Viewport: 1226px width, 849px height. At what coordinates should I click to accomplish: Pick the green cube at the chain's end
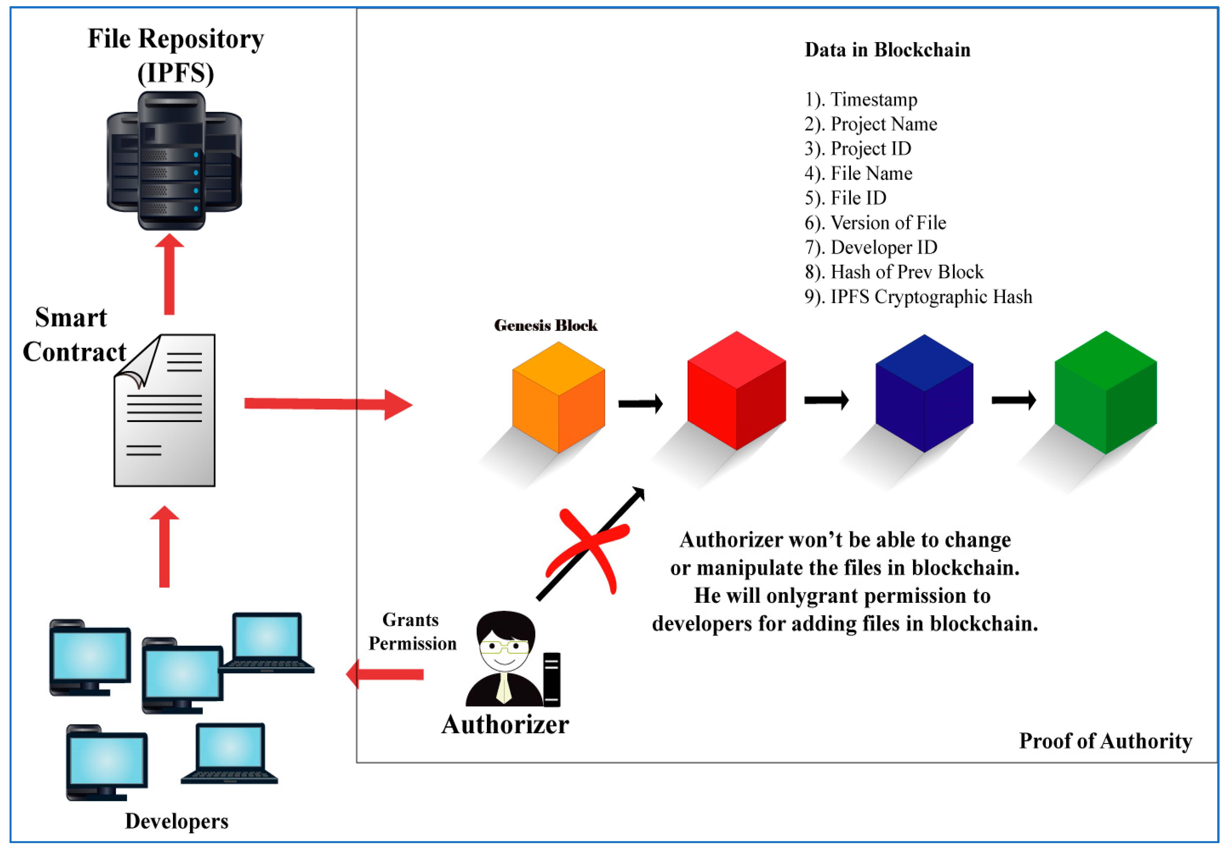coord(1105,392)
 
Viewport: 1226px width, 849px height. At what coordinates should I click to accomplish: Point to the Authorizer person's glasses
coord(503,647)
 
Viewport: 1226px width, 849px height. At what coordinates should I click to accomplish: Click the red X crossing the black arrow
coord(589,548)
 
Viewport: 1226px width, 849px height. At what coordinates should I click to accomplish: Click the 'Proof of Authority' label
coord(1105,740)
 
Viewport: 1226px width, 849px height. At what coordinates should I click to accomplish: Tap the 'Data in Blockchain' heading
coord(887,50)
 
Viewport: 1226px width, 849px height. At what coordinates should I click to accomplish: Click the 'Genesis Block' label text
coord(546,325)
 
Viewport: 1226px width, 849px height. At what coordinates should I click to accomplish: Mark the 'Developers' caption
coord(177,821)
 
